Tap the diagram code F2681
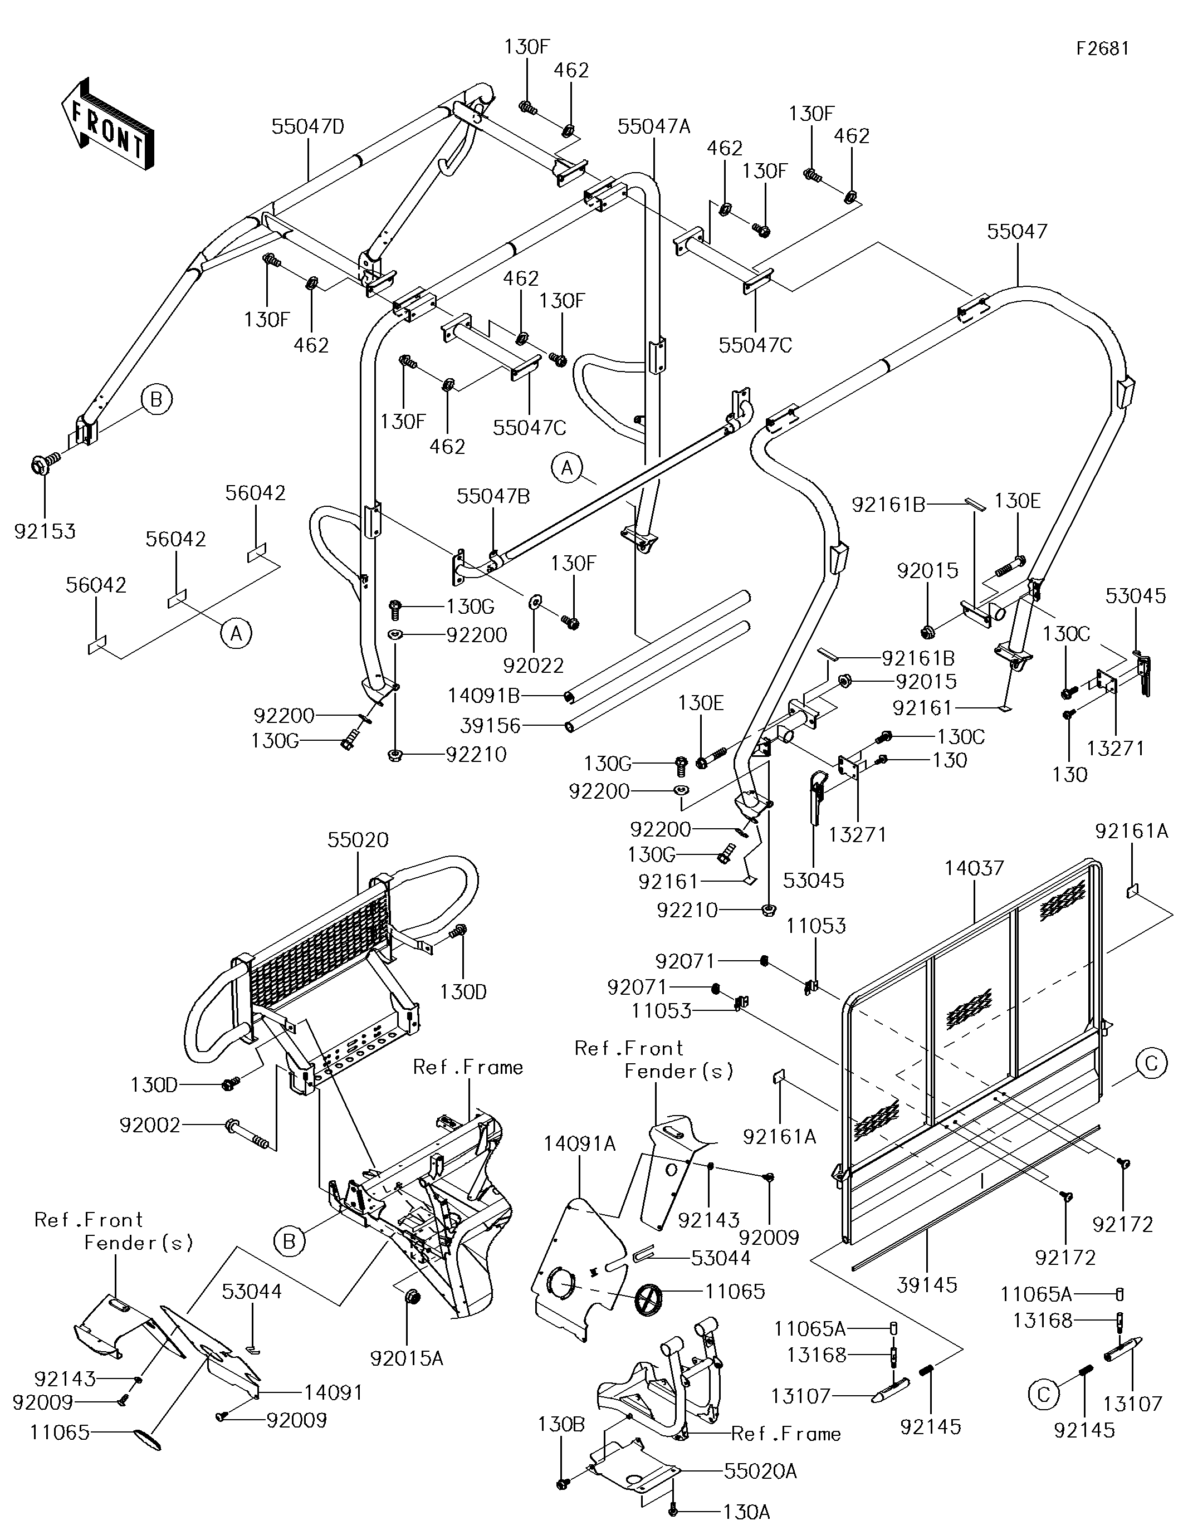click(x=1102, y=48)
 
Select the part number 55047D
click(x=308, y=127)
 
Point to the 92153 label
click(x=45, y=531)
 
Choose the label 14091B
click(x=483, y=696)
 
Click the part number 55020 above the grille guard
click(x=358, y=840)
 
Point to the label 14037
click(x=974, y=869)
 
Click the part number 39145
click(x=927, y=1285)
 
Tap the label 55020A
click(x=760, y=1471)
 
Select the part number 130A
click(x=746, y=1511)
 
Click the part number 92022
click(x=534, y=665)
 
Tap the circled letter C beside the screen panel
click(x=1151, y=1063)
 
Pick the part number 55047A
click(x=654, y=126)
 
